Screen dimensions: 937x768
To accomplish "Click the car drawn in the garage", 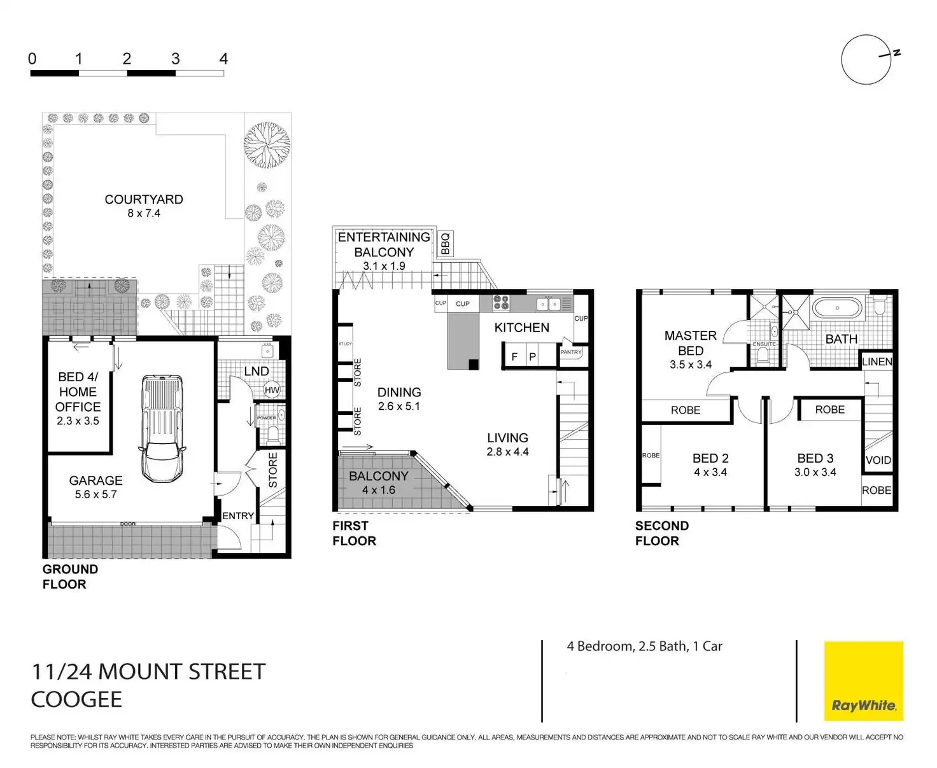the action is coord(162,428).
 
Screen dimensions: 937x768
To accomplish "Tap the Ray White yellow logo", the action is coord(863,681).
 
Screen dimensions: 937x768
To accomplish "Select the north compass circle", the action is coord(866,60).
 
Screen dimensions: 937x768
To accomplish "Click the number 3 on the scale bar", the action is coord(175,59).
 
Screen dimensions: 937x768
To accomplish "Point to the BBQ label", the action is coord(445,244).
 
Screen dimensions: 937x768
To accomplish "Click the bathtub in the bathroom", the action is coord(837,310).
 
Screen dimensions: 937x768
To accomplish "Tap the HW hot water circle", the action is coord(272,390).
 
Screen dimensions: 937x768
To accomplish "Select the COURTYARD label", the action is coord(144,200).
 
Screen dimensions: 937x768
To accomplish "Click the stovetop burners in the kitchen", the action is coord(502,303).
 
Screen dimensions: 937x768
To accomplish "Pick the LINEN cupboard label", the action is coord(877,362).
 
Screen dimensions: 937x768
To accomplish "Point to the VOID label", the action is coord(878,460).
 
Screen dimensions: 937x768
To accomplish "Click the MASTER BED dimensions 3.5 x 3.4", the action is coord(690,365).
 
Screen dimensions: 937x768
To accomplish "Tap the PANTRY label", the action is coord(570,352).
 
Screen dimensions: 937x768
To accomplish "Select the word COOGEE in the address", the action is coord(76,699).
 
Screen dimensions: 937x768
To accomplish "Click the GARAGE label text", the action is coord(95,481).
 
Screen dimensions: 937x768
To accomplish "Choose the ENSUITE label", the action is coord(764,344).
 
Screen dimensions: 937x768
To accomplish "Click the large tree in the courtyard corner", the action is coord(267,144).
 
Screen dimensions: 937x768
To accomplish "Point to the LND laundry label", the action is coord(256,371).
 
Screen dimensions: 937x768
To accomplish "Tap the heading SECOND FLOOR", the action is coord(661,533).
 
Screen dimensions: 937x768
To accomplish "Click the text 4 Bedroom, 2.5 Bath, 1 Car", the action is coord(644,646).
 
